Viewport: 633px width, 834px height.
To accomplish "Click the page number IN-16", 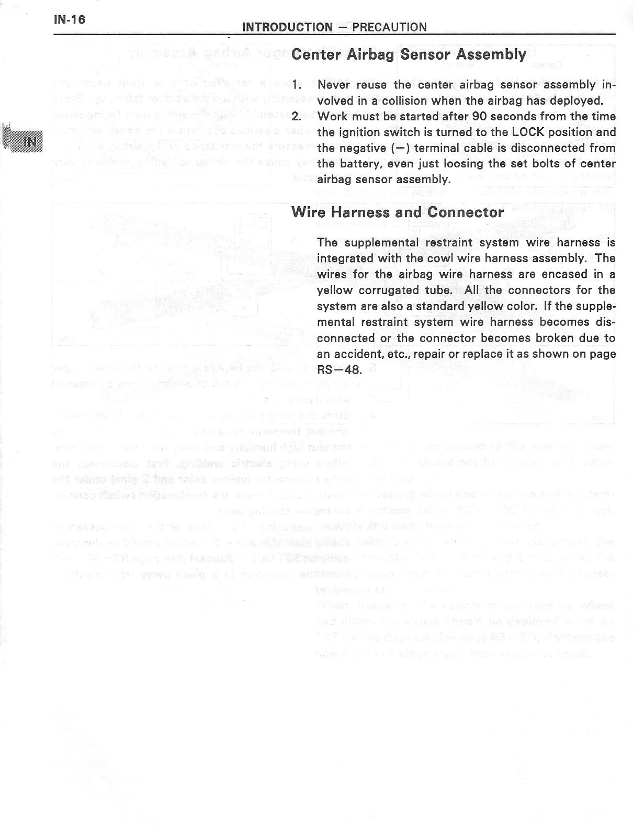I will pyautogui.click(x=69, y=20).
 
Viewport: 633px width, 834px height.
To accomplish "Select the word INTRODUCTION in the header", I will pyautogui.click(x=287, y=27).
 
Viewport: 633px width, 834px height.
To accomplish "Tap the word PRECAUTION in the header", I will pyautogui.click(x=390, y=27).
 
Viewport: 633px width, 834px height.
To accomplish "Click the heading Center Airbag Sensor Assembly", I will pyautogui.click(x=408, y=54).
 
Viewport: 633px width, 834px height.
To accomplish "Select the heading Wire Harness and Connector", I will pyautogui.click(x=397, y=212).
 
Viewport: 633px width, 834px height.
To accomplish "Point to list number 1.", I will pyautogui.click(x=297, y=85).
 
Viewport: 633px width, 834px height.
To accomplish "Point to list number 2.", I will pyautogui.click(x=297, y=116).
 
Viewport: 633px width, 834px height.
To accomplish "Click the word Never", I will pyautogui.click(x=333, y=85).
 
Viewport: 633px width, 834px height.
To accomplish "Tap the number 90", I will pyautogui.click(x=479, y=116).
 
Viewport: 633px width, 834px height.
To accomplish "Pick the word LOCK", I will pyautogui.click(x=530, y=132).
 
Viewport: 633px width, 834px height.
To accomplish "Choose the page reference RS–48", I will pyautogui.click(x=339, y=370).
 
